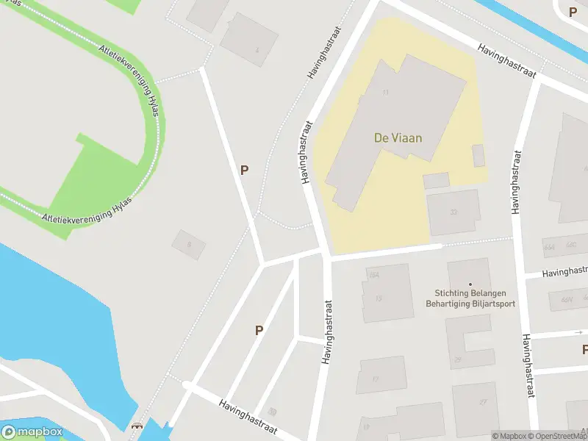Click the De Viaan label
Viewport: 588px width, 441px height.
click(398, 137)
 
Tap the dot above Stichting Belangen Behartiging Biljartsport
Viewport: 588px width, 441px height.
click(470, 284)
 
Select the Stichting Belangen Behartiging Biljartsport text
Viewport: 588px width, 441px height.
click(470, 298)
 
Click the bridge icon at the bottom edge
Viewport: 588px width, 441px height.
click(135, 427)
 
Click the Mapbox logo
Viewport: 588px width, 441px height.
click(33, 432)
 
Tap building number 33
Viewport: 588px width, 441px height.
click(453, 212)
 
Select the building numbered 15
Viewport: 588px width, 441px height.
click(379, 298)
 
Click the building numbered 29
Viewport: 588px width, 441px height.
click(457, 359)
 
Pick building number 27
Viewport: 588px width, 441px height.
click(483, 402)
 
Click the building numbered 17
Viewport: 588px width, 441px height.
click(376, 379)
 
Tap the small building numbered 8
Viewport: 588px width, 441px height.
click(189, 245)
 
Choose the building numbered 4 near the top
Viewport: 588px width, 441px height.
click(257, 50)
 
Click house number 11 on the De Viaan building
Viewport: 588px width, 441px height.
click(385, 93)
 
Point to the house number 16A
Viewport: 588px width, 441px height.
click(374, 276)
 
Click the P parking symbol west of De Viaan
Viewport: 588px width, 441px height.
click(244, 170)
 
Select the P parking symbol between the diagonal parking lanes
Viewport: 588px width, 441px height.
click(259, 331)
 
